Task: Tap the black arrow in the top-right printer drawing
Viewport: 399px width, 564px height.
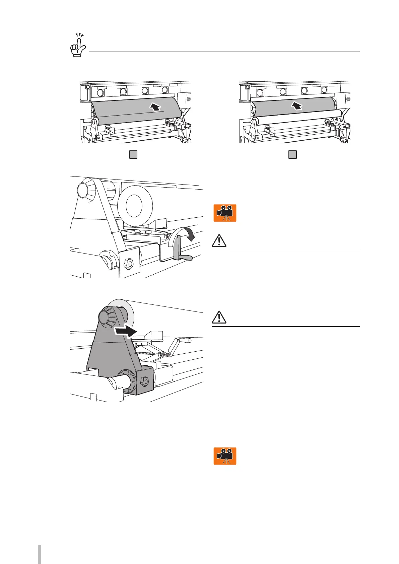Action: tap(296, 106)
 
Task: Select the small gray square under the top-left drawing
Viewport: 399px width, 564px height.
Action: tap(133, 154)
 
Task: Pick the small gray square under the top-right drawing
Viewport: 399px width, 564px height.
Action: tap(292, 154)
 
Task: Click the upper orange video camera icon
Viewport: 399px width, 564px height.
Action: tap(225, 213)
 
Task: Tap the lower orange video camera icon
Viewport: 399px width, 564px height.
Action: tap(225, 456)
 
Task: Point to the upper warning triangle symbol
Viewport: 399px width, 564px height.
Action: tap(219, 241)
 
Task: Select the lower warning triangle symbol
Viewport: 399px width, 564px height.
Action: tap(219, 317)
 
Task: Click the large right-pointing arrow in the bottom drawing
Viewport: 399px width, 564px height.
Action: tap(125, 331)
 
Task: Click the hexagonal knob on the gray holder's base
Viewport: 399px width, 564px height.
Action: tap(145, 381)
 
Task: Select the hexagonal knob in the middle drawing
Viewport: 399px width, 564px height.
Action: tap(129, 264)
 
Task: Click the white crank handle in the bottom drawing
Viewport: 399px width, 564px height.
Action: tap(179, 344)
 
